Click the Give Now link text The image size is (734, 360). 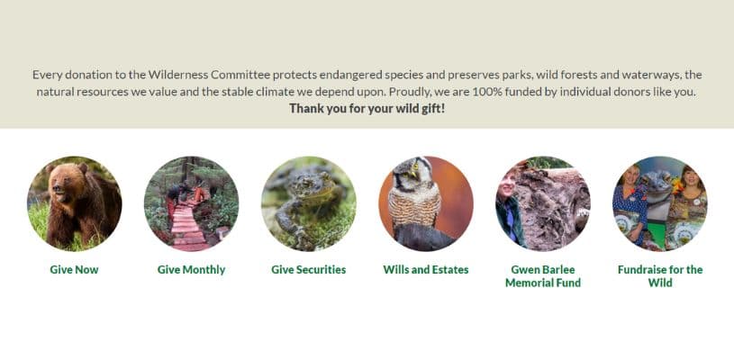point(74,270)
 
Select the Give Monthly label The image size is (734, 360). point(191,270)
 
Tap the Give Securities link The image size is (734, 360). point(309,270)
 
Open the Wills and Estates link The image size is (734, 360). point(425,270)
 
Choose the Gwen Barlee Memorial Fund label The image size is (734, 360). point(543,276)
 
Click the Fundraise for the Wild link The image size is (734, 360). point(660,276)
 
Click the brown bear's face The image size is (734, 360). point(61,181)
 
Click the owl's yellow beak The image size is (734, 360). point(412,175)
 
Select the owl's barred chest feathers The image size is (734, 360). point(415,206)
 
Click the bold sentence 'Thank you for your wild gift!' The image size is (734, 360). point(367,109)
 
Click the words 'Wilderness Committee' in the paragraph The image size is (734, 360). point(209,75)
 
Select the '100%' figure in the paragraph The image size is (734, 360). point(487,92)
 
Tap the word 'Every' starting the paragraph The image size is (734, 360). point(47,75)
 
